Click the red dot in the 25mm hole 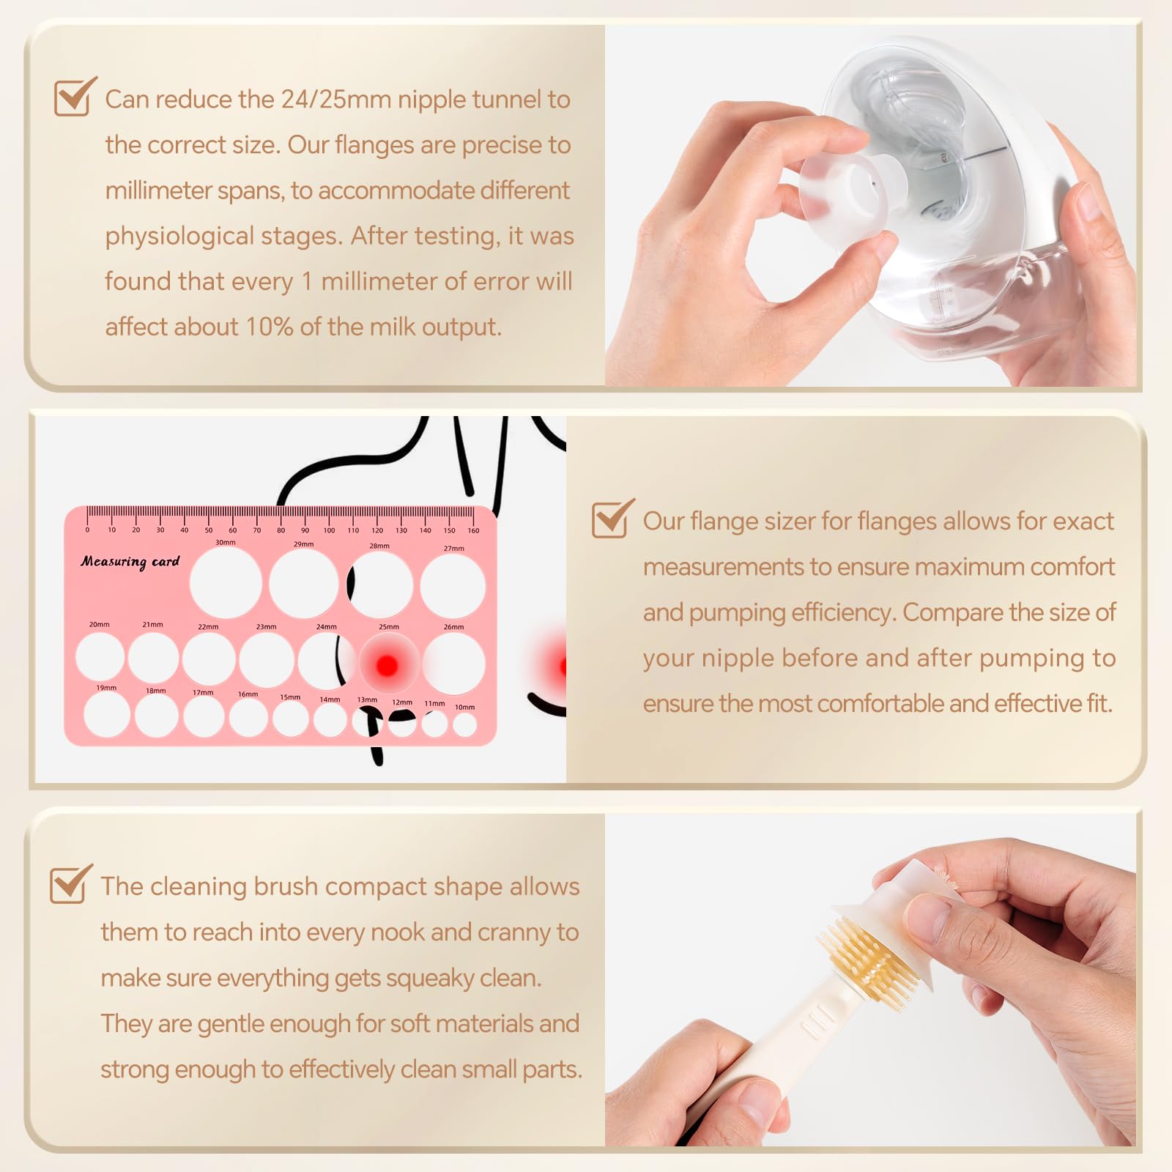tap(387, 665)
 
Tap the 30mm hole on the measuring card tap(226, 583)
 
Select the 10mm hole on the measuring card tap(464, 724)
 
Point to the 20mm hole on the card tap(100, 656)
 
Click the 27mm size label tap(453, 548)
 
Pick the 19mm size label tap(106, 688)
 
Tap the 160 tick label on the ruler tap(473, 530)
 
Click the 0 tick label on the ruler tap(87, 530)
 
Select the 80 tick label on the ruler tap(281, 530)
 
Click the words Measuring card tap(130, 562)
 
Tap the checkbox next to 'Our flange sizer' tap(612, 519)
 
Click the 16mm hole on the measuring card tap(248, 717)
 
